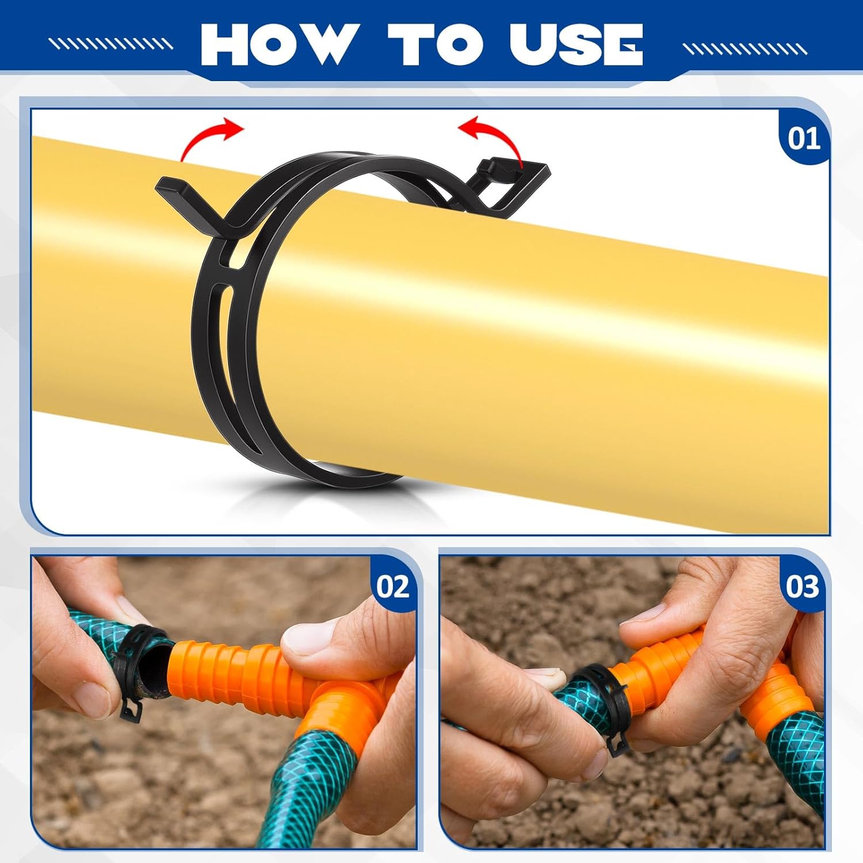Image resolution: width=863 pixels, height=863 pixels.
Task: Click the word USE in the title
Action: [576, 44]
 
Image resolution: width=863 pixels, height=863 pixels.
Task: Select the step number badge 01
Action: [804, 139]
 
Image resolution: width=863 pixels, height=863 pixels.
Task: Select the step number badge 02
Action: [393, 587]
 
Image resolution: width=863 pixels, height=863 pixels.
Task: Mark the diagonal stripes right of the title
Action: [746, 49]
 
